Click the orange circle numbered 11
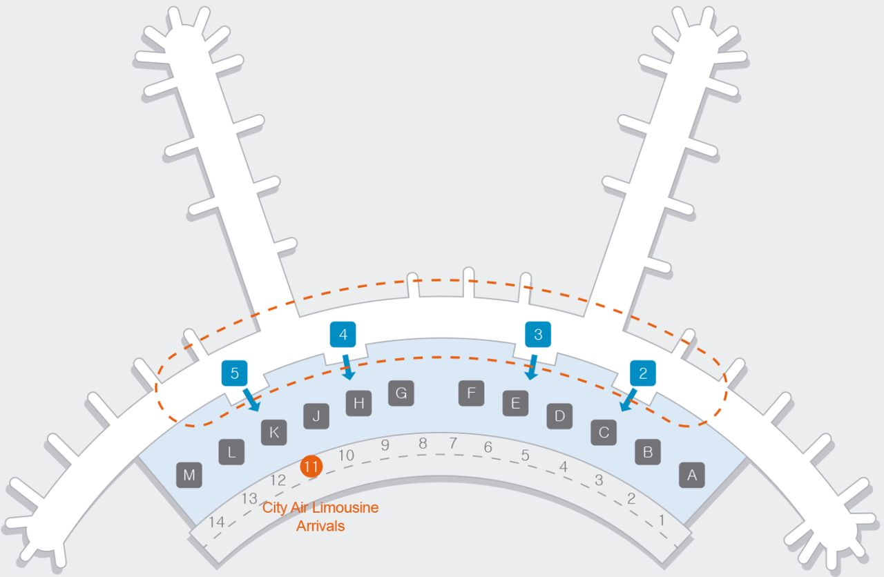pyautogui.click(x=311, y=467)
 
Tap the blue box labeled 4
pyautogui.click(x=343, y=335)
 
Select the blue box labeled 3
pyautogui.click(x=538, y=335)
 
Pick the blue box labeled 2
pyautogui.click(x=643, y=373)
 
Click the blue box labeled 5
pyautogui.click(x=235, y=373)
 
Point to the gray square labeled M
pyautogui.click(x=189, y=476)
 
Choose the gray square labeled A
pyautogui.click(x=692, y=476)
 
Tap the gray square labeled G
pyautogui.click(x=401, y=393)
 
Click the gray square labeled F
pyautogui.click(x=471, y=393)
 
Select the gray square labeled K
pyautogui.click(x=273, y=433)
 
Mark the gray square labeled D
pyautogui.click(x=560, y=415)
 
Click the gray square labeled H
pyautogui.click(x=358, y=403)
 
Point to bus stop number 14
pyautogui.click(x=217, y=522)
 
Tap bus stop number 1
pyautogui.click(x=662, y=520)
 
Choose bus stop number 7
pyautogui.click(x=453, y=443)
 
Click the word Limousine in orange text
pyautogui.click(x=345, y=508)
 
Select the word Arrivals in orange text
pyautogui.click(x=320, y=526)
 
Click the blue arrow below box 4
pyautogui.click(x=347, y=367)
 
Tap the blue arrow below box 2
pyautogui.click(x=627, y=400)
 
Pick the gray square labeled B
pyautogui.click(x=648, y=453)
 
